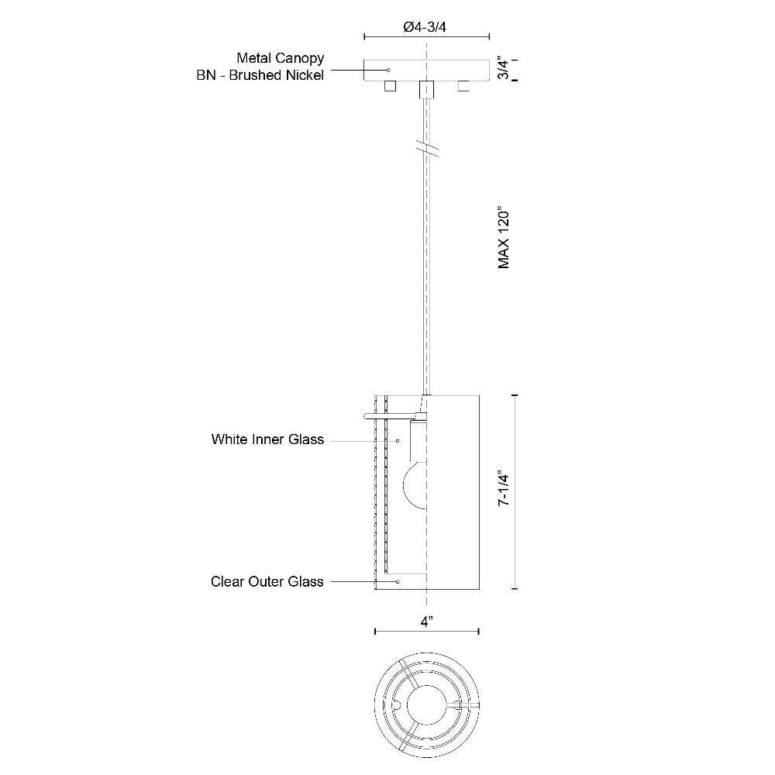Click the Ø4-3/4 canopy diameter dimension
[425, 27]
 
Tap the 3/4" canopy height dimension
[503, 69]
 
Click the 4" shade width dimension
[427, 622]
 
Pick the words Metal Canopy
[281, 58]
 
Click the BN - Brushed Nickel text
[260, 75]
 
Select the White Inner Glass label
[267, 439]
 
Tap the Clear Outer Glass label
[267, 581]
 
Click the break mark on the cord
[426, 148]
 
